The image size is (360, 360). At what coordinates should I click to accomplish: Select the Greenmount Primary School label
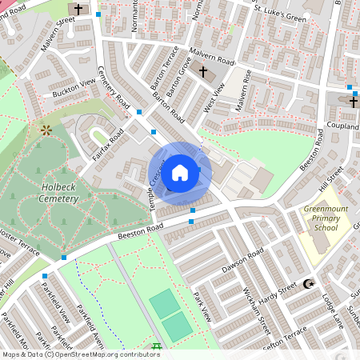326,218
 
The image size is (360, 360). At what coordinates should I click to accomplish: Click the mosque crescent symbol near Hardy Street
307,284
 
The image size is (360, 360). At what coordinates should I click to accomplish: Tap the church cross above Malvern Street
78,10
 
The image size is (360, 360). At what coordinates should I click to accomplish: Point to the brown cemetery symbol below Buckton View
46,128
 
